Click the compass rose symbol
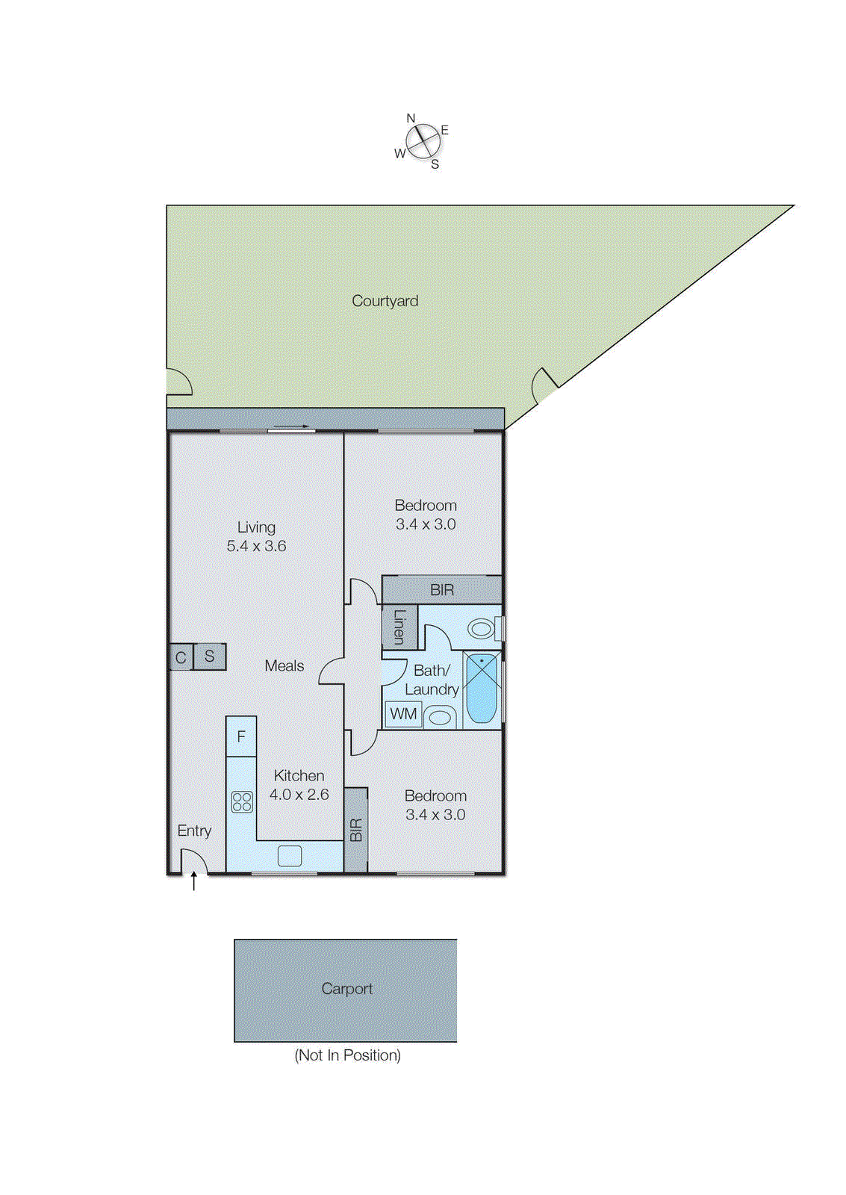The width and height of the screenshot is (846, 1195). coord(423,140)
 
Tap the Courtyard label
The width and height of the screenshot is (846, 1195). coord(385,301)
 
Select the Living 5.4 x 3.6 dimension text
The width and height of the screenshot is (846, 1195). coord(256,546)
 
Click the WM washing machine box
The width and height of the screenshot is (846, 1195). coord(403,714)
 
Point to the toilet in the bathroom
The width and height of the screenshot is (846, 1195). coord(482,628)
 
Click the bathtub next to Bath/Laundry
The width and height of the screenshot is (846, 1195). coord(482,689)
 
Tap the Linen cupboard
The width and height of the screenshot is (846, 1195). coord(399,626)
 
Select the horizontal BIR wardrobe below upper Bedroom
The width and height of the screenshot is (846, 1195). coord(441,590)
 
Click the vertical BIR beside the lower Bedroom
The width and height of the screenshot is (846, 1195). coord(356,830)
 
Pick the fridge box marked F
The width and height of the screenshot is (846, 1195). coord(241,736)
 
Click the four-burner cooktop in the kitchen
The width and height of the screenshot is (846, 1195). coord(242,802)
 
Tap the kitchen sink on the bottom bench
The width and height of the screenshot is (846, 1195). coord(290,856)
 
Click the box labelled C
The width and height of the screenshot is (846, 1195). coord(181,657)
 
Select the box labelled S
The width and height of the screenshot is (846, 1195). coord(210,657)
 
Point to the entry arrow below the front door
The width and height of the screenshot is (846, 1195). coord(194,882)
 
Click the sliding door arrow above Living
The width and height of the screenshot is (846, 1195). coord(291,427)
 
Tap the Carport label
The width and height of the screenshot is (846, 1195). coord(346,989)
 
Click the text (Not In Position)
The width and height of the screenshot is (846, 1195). coord(347,1055)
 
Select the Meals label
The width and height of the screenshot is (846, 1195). coord(284,665)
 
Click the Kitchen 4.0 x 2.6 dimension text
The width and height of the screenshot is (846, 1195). coord(299,795)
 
